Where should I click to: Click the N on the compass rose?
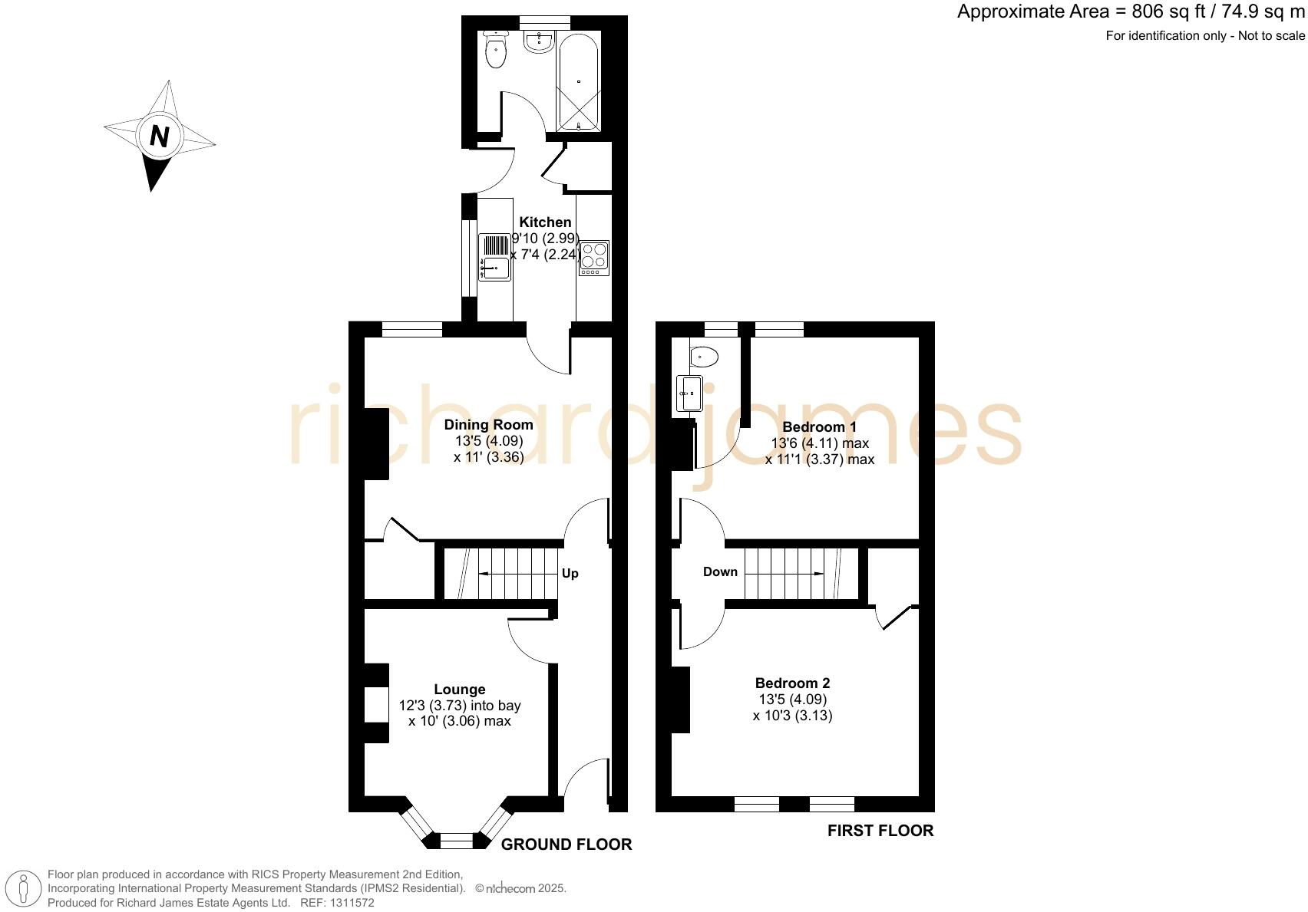pos(159,137)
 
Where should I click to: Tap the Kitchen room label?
pos(545,222)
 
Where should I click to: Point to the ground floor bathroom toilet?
pos(497,52)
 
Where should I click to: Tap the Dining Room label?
pos(488,425)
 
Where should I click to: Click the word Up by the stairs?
pos(570,574)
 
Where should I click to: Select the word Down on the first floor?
pos(720,571)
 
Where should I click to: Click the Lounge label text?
pos(459,690)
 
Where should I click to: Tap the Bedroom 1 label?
pos(819,426)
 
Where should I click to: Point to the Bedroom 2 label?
pos(792,683)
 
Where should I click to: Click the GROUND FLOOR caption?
pos(566,845)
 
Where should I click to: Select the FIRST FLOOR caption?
pos(880,831)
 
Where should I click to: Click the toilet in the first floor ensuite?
pos(703,357)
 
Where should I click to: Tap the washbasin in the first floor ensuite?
pos(689,393)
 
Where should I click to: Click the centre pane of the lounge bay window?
pos(457,841)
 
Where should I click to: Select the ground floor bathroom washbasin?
pos(539,43)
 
